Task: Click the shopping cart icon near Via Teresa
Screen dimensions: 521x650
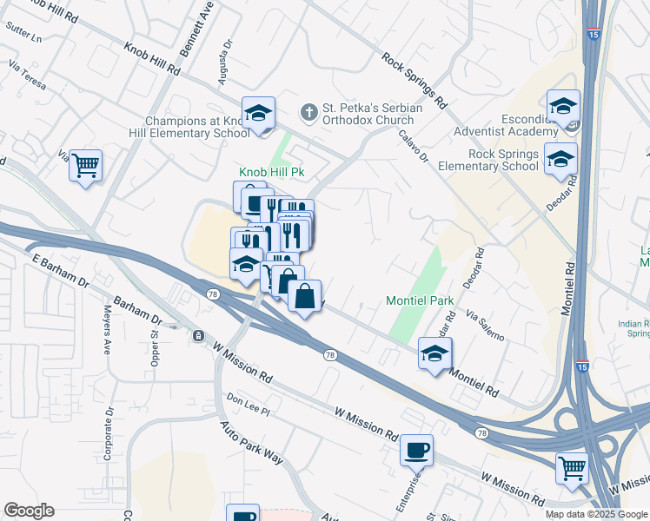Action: (86, 164)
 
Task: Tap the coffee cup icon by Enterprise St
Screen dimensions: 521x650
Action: (416, 450)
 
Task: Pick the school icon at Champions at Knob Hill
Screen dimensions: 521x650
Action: (258, 113)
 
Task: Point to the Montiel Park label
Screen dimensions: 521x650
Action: (421, 301)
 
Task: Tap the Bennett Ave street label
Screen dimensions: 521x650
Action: (207, 23)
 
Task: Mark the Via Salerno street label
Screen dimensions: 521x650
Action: (484, 325)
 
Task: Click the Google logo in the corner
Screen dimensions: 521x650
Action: (29, 511)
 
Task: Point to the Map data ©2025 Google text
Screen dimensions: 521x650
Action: (595, 514)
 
